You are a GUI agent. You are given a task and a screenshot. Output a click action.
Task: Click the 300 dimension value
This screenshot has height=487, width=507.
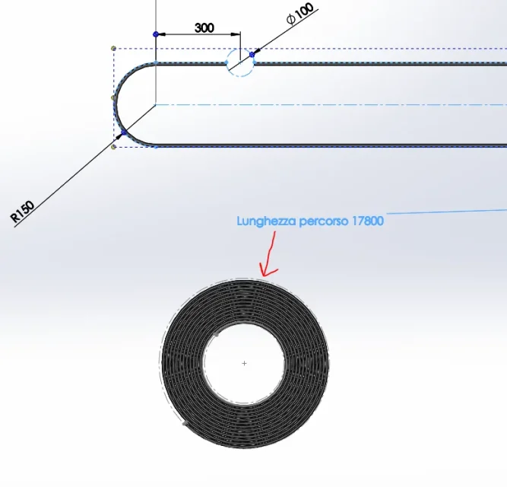pyautogui.click(x=204, y=28)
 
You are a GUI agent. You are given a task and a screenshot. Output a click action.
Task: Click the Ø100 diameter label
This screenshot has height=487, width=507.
pyautogui.click(x=300, y=14)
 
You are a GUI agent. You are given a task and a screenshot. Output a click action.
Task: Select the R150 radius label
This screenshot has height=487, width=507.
pyautogui.click(x=23, y=212)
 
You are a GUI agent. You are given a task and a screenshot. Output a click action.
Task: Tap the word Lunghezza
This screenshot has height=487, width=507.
pyautogui.click(x=267, y=221)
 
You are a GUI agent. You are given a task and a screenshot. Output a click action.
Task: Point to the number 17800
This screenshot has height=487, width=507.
pyautogui.click(x=368, y=221)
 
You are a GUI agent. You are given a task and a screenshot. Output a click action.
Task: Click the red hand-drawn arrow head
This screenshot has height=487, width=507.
pyautogui.click(x=267, y=271)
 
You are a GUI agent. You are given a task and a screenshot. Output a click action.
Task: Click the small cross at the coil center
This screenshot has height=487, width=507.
pyautogui.click(x=244, y=364)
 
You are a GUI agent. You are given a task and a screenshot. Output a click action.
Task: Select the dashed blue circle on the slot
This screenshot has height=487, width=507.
pyautogui.click(x=240, y=49)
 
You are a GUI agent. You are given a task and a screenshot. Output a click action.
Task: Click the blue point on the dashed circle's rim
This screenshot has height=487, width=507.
pyautogui.click(x=252, y=55)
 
